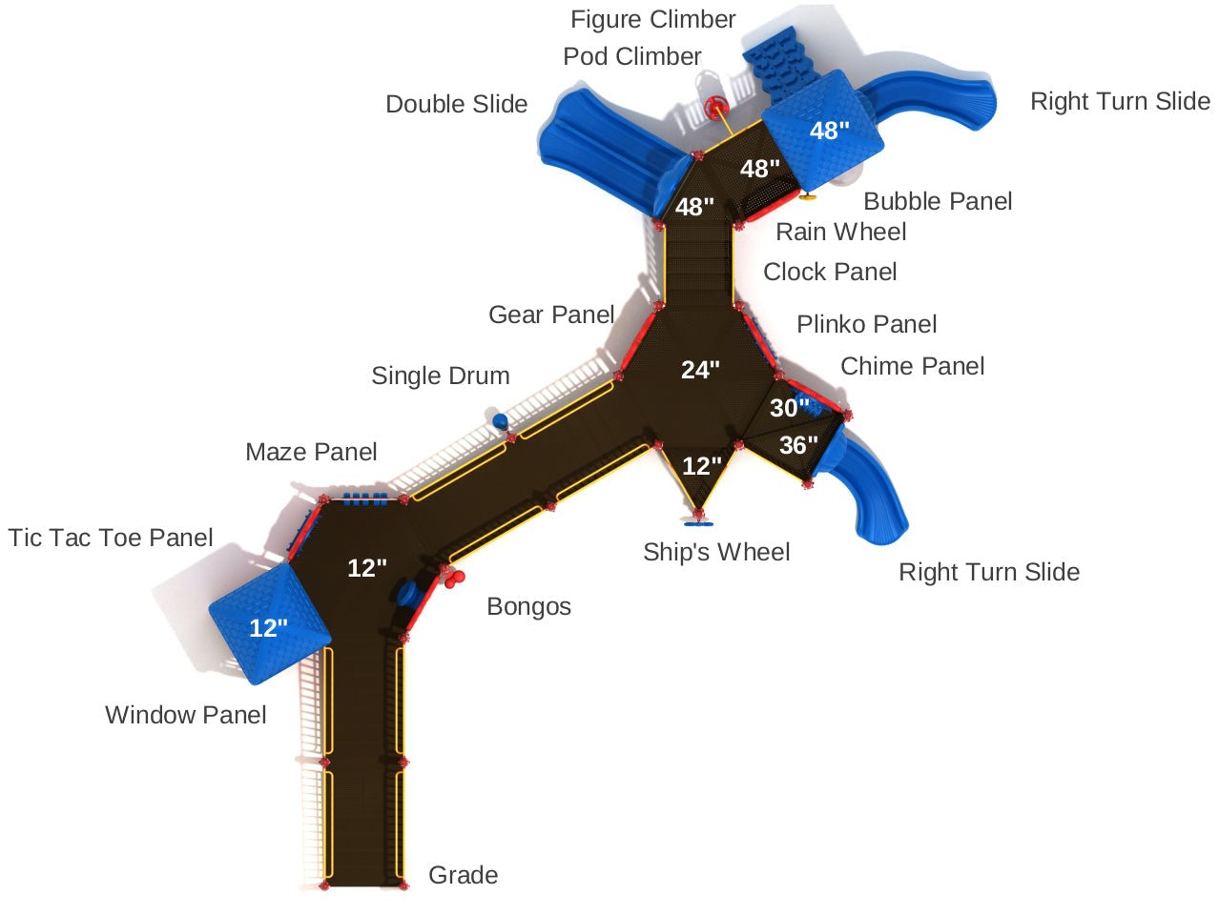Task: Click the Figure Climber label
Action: coord(652,19)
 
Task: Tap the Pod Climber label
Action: coord(631,56)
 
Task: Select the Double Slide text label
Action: coord(456,104)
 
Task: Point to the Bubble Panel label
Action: coord(937,201)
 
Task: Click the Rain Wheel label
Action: coord(840,232)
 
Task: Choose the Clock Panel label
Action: coord(830,272)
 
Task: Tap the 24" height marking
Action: coord(700,370)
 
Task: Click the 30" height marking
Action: coord(789,408)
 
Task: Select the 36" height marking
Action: coord(798,445)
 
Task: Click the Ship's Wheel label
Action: coord(716,552)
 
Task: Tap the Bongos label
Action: coord(528,606)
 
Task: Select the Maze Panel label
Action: coord(311,452)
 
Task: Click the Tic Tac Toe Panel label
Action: coord(111,538)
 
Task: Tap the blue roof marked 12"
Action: coord(269,622)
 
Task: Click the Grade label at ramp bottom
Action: coord(463,875)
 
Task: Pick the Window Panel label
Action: coord(185,715)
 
